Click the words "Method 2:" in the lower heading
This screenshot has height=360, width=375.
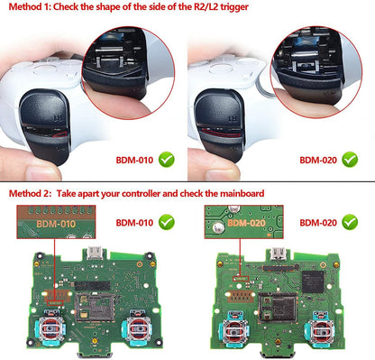click(31, 193)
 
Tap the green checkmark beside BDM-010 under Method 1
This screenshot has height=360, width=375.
click(167, 160)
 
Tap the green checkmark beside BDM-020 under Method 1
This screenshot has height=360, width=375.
click(350, 160)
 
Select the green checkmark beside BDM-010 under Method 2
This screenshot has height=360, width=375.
click(167, 222)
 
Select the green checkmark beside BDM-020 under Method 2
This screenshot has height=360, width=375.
click(350, 222)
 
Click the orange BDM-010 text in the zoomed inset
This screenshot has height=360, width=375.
click(56, 224)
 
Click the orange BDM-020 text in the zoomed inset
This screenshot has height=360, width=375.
click(246, 223)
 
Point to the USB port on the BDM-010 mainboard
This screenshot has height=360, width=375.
click(96, 254)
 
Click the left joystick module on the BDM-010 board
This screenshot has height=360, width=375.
click(51, 328)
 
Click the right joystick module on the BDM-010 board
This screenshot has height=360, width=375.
click(138, 328)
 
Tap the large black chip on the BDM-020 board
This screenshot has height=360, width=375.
click(313, 282)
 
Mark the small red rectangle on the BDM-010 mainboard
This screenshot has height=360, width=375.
click(55, 303)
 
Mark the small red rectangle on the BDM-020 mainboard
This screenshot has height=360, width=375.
click(242, 279)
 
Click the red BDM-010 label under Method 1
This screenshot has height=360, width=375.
click(134, 160)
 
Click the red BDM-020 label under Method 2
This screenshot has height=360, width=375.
click(318, 223)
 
